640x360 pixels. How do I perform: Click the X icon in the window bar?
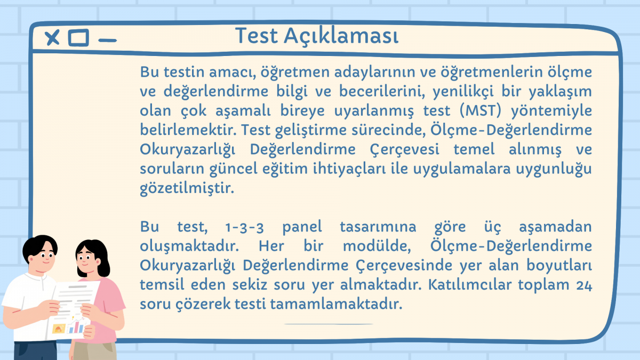(52, 37)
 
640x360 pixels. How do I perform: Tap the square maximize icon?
(78, 37)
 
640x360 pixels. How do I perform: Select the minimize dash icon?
(107, 41)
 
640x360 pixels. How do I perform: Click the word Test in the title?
(257, 36)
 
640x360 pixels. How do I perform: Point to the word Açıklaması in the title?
(341, 36)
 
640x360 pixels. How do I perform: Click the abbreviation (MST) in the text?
(481, 110)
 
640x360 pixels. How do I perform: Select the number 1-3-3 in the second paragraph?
(245, 227)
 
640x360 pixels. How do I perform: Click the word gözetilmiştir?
(187, 188)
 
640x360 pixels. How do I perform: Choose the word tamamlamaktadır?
(336, 303)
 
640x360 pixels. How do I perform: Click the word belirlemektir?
(188, 130)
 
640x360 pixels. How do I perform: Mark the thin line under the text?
(329, 324)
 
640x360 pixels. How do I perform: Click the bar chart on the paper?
(77, 326)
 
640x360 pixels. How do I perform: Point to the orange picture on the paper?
(58, 329)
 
